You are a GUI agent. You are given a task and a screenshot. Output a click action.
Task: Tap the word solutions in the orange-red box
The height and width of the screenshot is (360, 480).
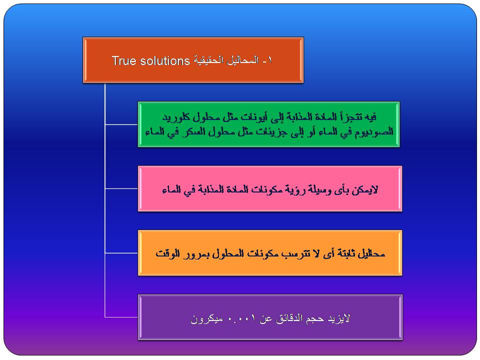tap(165, 60)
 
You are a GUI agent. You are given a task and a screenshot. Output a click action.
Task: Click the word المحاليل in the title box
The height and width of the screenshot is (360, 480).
tap(243, 60)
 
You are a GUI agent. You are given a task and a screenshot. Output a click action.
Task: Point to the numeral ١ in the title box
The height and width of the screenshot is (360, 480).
tap(269, 60)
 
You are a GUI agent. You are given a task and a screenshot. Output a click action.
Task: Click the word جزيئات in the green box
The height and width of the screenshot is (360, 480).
tap(264, 132)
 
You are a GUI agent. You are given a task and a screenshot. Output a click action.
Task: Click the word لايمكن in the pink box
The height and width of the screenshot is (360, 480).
tap(366, 190)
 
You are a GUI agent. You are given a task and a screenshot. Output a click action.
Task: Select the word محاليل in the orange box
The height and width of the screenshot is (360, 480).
tap(370, 253)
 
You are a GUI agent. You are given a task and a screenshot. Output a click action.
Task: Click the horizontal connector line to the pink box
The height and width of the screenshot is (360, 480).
tap(121, 188)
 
